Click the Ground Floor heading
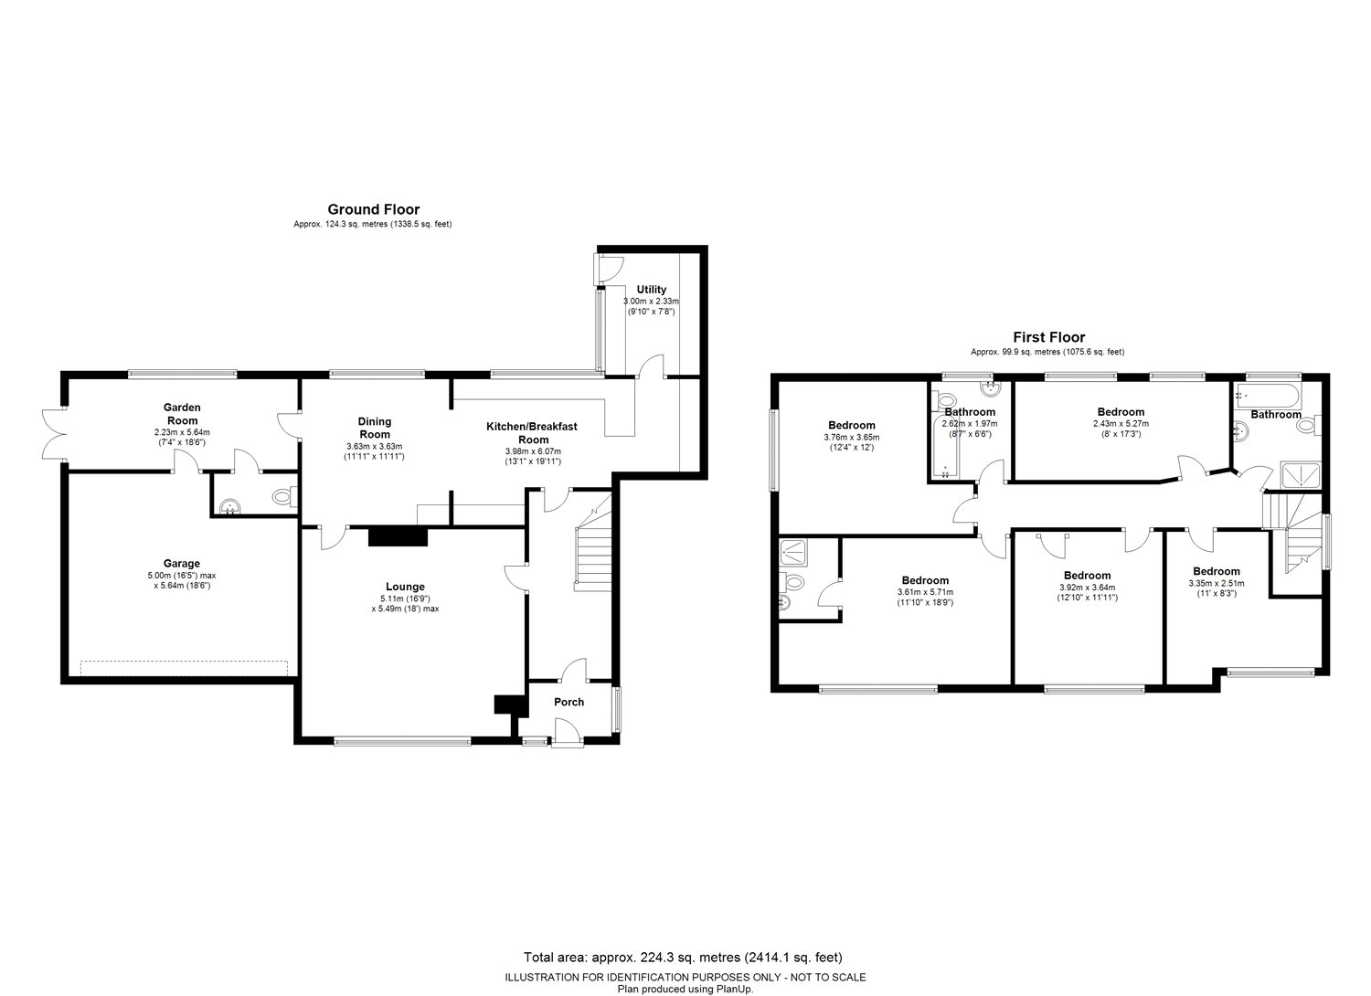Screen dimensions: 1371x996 pos(373,209)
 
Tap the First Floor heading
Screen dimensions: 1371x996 pos(1048,337)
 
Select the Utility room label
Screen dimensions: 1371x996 pos(651,290)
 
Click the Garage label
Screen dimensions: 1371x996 pos(182,564)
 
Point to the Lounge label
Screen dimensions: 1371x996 pos(405,587)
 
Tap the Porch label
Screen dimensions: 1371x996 pos(569,702)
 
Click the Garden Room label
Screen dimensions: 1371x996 pos(183,414)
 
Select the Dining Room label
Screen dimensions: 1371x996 pos(375,428)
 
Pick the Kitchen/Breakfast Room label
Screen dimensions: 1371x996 pos(532,432)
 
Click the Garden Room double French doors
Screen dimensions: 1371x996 pos(54,434)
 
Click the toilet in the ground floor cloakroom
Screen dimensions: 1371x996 pos(284,496)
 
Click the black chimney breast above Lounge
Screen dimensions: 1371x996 pos(398,536)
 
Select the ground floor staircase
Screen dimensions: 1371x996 pos(593,544)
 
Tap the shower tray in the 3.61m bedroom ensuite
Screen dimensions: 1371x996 pos(794,551)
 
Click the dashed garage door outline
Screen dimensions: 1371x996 pos(184,668)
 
